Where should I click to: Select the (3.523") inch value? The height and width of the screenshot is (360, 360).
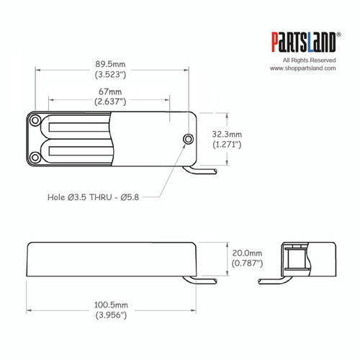click(x=110, y=73)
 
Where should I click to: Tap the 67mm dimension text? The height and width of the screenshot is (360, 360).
click(x=110, y=92)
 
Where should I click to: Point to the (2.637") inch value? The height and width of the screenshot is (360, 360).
click(x=110, y=102)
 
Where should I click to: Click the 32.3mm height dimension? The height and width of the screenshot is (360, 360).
click(x=228, y=135)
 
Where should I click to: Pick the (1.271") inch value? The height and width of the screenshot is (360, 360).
click(x=228, y=145)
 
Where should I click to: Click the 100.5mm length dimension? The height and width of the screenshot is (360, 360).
click(x=110, y=305)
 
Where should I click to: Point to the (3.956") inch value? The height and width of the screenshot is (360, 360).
click(x=110, y=315)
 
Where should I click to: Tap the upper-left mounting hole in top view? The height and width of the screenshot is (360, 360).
click(x=33, y=121)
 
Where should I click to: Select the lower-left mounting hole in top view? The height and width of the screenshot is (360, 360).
click(x=33, y=158)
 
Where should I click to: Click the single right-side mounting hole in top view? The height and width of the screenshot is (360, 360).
click(x=189, y=138)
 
